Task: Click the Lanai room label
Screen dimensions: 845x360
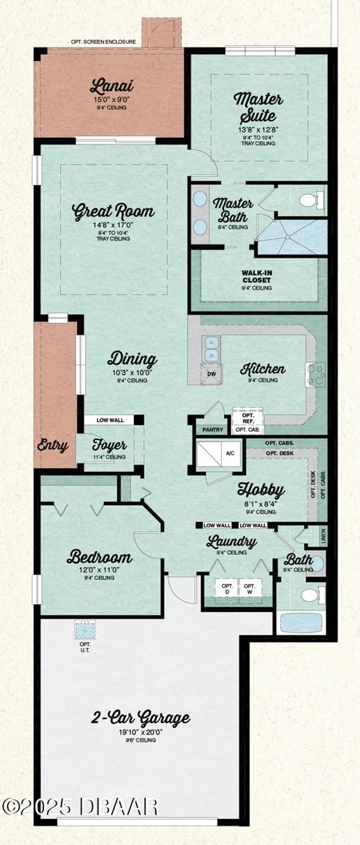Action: (x=112, y=87)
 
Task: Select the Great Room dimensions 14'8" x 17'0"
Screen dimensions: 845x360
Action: (x=113, y=225)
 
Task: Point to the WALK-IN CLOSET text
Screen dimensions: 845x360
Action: (x=257, y=276)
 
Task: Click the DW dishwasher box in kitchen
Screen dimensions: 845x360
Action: (x=211, y=373)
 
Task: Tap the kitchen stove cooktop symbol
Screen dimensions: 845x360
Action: (x=315, y=375)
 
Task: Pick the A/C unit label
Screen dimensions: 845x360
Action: (x=230, y=452)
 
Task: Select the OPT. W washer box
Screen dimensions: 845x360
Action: (x=250, y=589)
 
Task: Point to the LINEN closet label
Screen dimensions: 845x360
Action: (x=323, y=538)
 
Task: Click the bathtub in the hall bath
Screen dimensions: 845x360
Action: (x=301, y=623)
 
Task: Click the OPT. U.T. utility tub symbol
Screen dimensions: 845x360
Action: (x=85, y=630)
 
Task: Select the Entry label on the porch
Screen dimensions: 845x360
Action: (x=53, y=446)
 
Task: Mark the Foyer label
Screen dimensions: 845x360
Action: (x=109, y=445)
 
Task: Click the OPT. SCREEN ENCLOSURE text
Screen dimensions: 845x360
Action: (x=104, y=42)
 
